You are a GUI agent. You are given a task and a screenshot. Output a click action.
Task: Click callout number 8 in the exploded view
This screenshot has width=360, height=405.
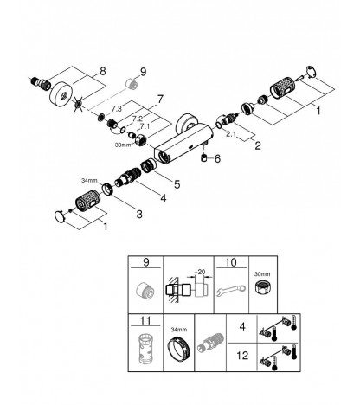tap(103, 71)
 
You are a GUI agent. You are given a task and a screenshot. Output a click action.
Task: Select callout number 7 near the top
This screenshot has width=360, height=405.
tap(160, 100)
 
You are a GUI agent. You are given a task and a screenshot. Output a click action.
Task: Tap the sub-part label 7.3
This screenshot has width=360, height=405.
tap(117, 109)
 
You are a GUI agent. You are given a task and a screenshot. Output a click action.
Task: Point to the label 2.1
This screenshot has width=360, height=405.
tap(231, 134)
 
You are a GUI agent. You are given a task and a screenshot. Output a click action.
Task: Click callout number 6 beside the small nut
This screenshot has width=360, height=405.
tap(217, 158)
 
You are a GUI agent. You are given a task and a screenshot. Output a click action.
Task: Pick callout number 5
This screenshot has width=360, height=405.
tap(177, 184)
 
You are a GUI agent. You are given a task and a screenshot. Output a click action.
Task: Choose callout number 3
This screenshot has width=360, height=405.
tap(139, 214)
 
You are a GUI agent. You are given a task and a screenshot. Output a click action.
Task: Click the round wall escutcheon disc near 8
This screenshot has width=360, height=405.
tap(60, 95)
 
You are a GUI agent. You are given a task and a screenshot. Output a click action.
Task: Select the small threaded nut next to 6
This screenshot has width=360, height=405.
tap(204, 158)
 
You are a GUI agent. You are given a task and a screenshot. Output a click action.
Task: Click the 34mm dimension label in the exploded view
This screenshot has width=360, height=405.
tap(89, 181)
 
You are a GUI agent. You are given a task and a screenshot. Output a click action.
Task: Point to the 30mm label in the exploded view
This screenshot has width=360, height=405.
tap(123, 145)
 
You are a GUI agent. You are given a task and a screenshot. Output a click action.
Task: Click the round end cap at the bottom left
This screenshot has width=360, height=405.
tap(60, 216)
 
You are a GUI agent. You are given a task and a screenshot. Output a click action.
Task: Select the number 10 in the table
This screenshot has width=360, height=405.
tap(231, 262)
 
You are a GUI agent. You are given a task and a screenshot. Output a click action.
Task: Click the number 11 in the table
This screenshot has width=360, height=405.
tap(145, 320)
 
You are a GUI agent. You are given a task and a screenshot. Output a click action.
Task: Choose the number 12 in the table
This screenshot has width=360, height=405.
tap(242, 356)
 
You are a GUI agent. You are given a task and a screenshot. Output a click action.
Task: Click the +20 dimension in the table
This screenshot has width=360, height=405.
tap(200, 272)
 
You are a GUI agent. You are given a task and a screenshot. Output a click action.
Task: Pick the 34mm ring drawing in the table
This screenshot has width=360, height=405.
tap(178, 350)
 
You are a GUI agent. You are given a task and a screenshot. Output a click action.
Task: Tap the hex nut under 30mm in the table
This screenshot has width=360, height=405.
tap(262, 287)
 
